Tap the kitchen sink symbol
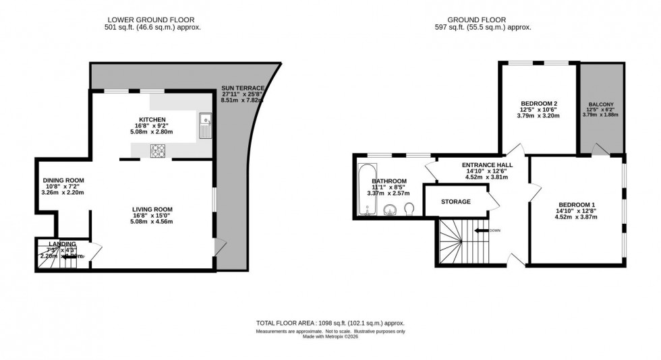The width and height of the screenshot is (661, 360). [x=206, y=123]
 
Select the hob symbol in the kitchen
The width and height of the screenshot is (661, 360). [x=158, y=150]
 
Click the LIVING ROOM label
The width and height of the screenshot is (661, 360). [x=152, y=210]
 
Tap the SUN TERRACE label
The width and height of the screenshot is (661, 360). [x=243, y=88]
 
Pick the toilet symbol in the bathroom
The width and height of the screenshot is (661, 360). [x=409, y=210]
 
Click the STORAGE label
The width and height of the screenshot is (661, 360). [x=456, y=202]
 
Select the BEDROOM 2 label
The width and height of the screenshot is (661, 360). [x=538, y=103]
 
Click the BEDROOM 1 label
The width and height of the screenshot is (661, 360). [x=577, y=205]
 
